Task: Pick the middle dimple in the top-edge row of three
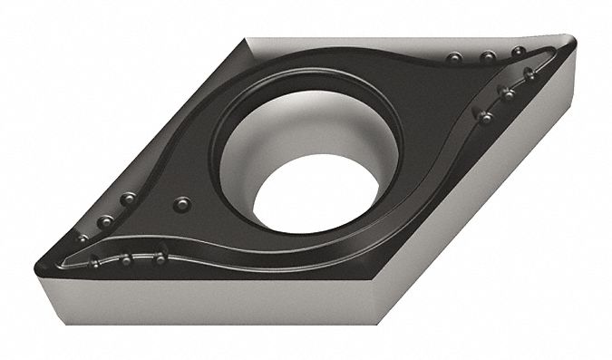(487, 57)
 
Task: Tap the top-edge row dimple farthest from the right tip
(452, 59)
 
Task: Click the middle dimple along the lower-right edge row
(506, 92)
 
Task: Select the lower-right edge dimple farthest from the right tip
(486, 117)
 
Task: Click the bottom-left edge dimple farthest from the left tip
(160, 258)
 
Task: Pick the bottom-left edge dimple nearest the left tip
(93, 263)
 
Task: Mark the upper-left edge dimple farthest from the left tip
(129, 198)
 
